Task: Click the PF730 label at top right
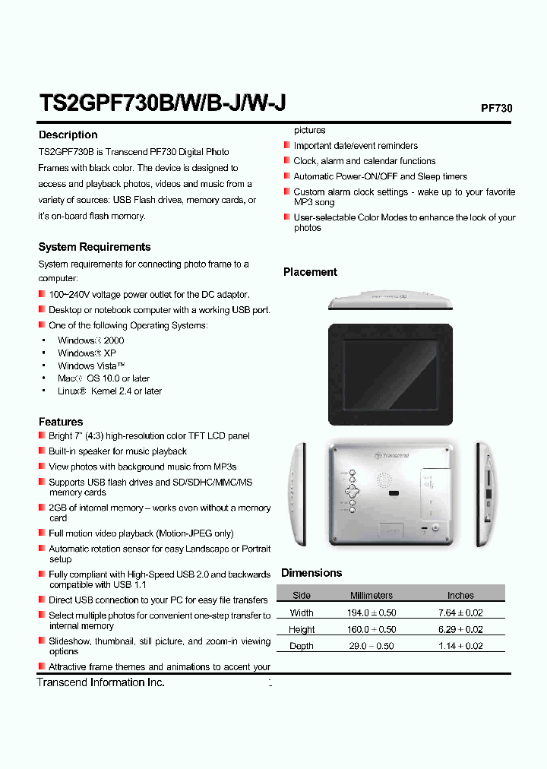click(x=497, y=108)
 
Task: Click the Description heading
click(x=68, y=134)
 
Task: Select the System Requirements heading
click(x=94, y=247)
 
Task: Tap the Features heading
click(x=61, y=422)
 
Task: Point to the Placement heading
click(x=310, y=272)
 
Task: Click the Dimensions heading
click(x=311, y=573)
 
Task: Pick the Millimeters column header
click(x=372, y=596)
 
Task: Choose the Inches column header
click(x=460, y=596)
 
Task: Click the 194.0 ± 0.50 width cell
click(x=372, y=612)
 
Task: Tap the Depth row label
click(x=302, y=646)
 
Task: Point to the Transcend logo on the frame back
click(x=392, y=455)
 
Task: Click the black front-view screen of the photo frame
click(x=390, y=374)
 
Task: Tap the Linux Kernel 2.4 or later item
click(x=109, y=391)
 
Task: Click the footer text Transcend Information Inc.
click(x=101, y=682)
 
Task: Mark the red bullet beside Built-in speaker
click(x=42, y=451)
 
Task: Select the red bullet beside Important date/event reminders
click(x=287, y=145)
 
